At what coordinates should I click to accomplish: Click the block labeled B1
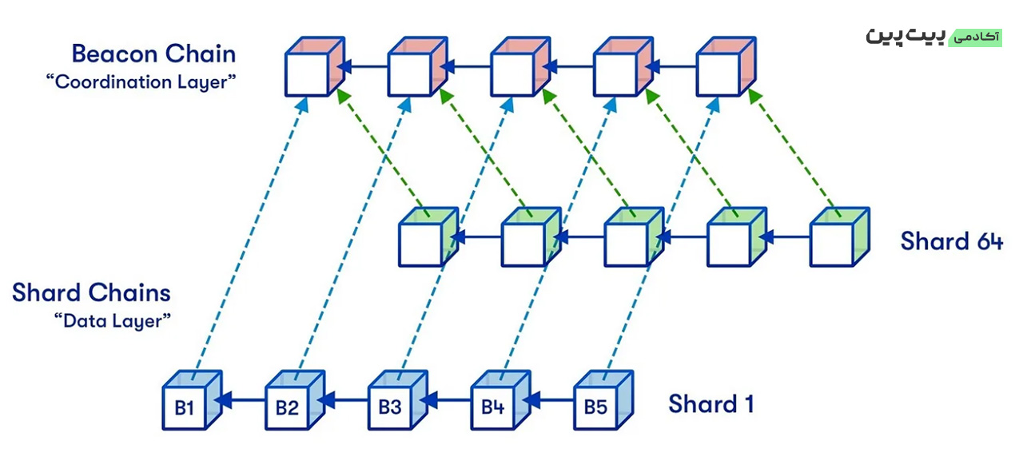coord(193,400)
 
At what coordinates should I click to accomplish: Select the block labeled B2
coord(295,400)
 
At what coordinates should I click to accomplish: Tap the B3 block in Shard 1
coord(398,400)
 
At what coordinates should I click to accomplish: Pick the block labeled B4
coord(500,400)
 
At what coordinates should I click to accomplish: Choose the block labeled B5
coord(603,400)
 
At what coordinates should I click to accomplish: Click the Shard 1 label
coord(711,404)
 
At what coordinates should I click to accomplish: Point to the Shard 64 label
coord(952,240)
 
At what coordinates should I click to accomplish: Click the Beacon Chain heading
coord(154,54)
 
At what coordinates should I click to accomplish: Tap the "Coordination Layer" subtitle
coord(141,82)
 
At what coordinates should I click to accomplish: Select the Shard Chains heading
coord(91,292)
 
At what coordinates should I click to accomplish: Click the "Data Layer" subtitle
coord(113,320)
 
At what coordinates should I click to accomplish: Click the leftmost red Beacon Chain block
coord(315,66)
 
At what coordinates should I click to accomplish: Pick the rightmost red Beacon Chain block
coord(726,66)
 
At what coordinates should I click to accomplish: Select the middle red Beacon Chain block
coord(520,66)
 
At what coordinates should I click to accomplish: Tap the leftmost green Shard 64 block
coord(429,237)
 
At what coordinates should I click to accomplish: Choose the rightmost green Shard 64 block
coord(840,237)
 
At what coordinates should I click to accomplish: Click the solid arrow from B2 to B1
coord(241,400)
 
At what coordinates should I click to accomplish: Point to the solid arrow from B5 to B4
coord(548,400)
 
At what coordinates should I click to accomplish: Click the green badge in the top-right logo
coord(975,38)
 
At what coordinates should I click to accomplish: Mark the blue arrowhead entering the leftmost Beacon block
coord(302,105)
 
